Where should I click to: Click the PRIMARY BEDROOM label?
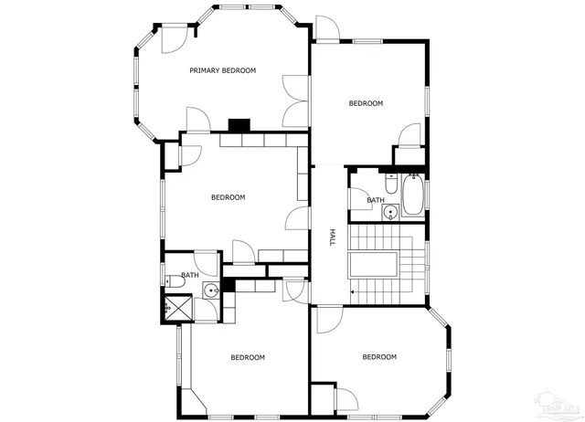tap(222, 70)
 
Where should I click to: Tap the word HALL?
tap(333, 237)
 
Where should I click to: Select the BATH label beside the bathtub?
tap(375, 200)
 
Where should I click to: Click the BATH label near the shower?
tap(190, 275)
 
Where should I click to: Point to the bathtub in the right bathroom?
tap(412, 195)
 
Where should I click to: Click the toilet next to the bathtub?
tap(390, 185)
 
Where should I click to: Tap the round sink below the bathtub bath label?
tap(390, 213)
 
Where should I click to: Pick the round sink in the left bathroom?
tap(210, 291)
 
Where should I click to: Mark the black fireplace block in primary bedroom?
tap(239, 125)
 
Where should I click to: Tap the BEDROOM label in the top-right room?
tap(366, 103)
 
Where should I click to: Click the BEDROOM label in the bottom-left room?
tap(247, 357)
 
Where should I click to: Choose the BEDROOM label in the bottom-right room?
tap(379, 356)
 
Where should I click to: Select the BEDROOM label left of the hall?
tap(228, 197)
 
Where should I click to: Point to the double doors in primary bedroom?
tap(295, 101)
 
